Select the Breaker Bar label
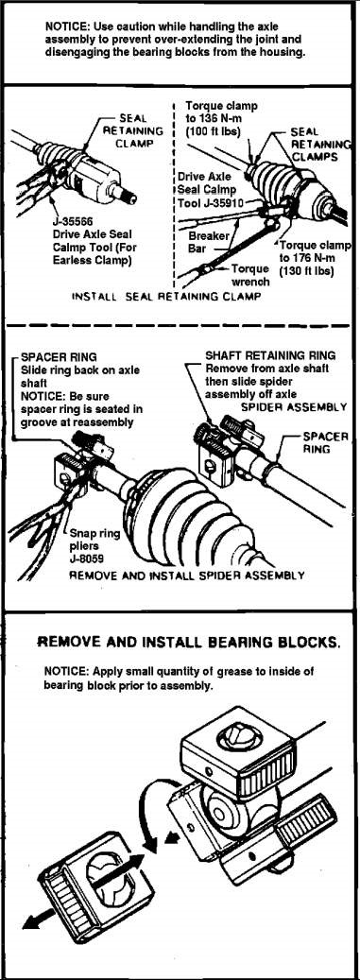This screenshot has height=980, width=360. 209,243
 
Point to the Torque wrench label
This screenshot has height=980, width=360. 250,275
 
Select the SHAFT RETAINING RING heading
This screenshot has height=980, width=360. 270,355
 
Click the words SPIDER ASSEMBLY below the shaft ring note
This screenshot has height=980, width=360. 294,406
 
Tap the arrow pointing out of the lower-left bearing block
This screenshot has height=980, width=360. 43,920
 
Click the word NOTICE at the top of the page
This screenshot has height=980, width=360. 63,26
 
